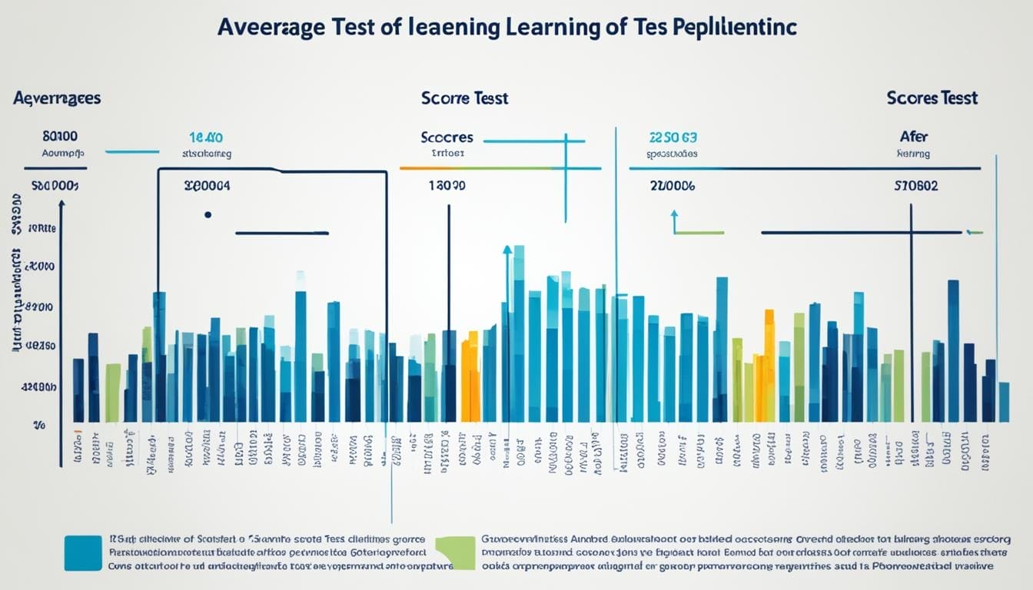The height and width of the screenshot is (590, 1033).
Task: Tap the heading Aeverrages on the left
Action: pyautogui.click(x=56, y=98)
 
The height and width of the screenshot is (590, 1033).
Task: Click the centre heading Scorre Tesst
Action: pyautogui.click(x=464, y=98)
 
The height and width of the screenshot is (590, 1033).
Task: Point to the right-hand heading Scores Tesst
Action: pyautogui.click(x=932, y=98)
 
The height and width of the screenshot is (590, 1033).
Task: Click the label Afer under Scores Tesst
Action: pyautogui.click(x=913, y=137)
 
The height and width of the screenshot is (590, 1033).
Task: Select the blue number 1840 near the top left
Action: pyautogui.click(x=205, y=138)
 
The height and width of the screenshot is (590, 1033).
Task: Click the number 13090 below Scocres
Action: pyautogui.click(x=446, y=185)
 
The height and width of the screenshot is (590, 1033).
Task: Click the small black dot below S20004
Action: pyautogui.click(x=208, y=215)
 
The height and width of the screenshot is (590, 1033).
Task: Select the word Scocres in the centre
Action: pyautogui.click(x=447, y=138)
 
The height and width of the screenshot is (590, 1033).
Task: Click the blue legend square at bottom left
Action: pyautogui.click(x=83, y=553)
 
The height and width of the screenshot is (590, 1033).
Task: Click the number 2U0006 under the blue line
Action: pyautogui.click(x=672, y=185)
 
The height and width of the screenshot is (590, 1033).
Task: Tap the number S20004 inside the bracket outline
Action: pyautogui.click(x=207, y=185)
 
